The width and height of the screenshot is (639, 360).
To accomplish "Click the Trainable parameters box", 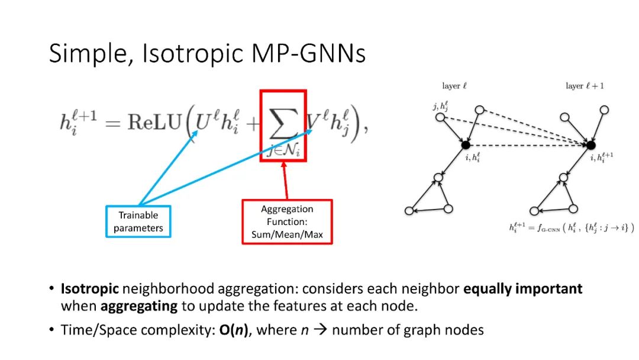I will point(138,221).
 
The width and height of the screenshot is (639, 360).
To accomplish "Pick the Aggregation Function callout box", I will point(287,221).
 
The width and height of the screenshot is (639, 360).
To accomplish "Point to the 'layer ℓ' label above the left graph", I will point(454,86).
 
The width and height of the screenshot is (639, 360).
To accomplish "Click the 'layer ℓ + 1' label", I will point(584,86).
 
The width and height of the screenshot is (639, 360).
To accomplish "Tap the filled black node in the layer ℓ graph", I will point(465,144).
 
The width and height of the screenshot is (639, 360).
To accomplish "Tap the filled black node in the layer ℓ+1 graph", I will point(591,144).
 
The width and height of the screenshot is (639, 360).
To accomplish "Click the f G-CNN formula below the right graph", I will point(571,227).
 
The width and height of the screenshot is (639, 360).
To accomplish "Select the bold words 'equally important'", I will point(523,289).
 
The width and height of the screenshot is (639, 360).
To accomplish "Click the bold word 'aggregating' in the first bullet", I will point(139,306).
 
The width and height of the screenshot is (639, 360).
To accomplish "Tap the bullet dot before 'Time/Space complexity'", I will point(52,330).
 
